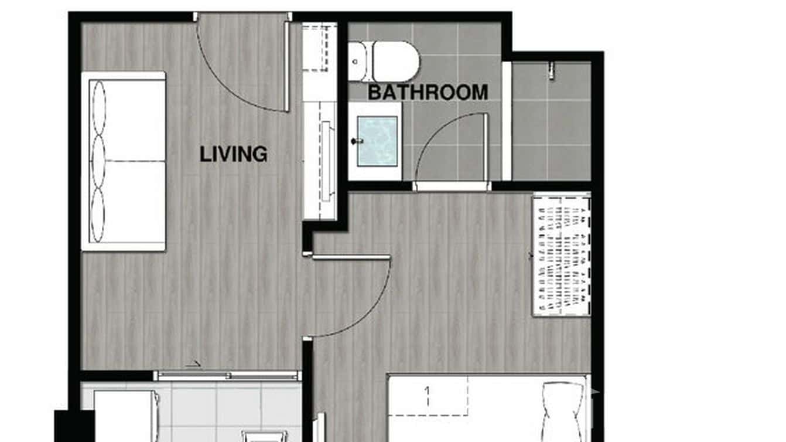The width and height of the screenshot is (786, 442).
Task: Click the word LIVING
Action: pos(233,154)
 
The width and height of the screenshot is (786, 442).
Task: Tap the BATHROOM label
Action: pos(428,93)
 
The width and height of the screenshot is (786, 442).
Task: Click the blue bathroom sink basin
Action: pos(377,141)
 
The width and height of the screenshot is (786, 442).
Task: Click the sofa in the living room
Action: pos(124,161)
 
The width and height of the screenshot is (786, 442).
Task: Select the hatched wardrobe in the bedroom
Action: pos(561,255)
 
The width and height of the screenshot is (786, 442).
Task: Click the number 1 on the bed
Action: pos(428,391)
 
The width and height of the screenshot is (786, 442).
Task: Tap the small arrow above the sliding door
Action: pos(193,364)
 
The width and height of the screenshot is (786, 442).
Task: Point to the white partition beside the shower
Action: pos(507,120)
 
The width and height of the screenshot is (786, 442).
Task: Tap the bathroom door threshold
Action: pos(452,186)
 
